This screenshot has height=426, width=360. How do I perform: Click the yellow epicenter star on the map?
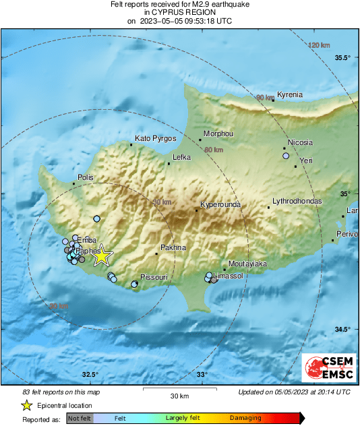click(100, 256)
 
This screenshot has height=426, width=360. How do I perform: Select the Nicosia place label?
click(300, 143)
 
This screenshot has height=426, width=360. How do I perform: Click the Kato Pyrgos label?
click(156, 138)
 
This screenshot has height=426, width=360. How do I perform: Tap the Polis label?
click(86, 177)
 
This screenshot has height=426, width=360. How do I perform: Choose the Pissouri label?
click(172, 278)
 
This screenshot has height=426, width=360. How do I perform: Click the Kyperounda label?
click(220, 204)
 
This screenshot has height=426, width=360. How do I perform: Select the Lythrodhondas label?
click(296, 202)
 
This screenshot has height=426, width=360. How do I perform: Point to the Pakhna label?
click(173, 247)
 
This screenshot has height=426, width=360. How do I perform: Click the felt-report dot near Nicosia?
click(286, 156)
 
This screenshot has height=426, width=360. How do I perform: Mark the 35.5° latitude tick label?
click(343, 57)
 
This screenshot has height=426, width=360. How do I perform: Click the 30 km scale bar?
click(179, 390)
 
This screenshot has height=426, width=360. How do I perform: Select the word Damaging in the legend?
click(245, 419)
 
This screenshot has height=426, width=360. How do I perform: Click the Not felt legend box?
click(80, 419)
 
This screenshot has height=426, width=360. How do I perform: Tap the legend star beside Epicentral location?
click(27, 405)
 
